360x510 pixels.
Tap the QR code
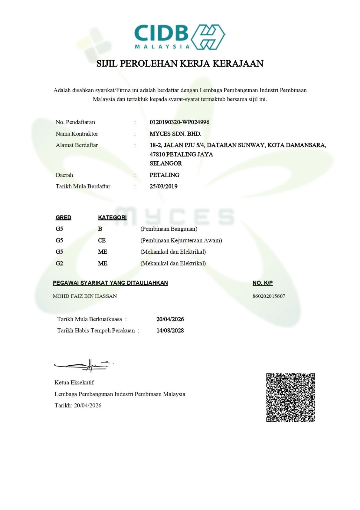(x=290, y=397)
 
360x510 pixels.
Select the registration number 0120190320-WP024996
(x=179, y=122)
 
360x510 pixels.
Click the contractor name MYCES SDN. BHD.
(x=175, y=134)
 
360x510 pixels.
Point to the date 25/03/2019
(x=163, y=186)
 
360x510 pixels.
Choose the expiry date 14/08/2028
(x=170, y=331)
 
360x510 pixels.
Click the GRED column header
(x=63, y=217)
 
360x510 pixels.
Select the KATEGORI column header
(x=112, y=217)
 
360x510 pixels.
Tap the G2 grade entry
(x=59, y=263)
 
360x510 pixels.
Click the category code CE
(x=102, y=240)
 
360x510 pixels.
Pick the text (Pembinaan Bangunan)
(x=169, y=229)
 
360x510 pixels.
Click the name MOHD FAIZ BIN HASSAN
(x=85, y=296)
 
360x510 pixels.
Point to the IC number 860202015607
(x=269, y=296)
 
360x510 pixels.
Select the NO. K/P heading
(x=263, y=283)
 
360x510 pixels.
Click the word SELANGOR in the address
(x=166, y=164)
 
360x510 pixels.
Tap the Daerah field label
(x=64, y=175)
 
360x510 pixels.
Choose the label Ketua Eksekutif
(x=74, y=382)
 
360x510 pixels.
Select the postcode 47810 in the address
(x=157, y=155)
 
